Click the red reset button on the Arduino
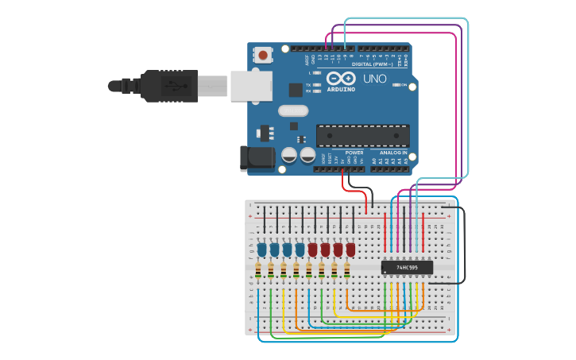(x=262, y=55)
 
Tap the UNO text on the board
(x=374, y=79)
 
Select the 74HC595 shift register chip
(x=407, y=267)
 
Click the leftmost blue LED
(x=261, y=250)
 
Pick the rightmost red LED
(x=350, y=250)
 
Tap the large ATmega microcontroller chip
(x=363, y=135)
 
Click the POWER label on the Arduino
(x=354, y=153)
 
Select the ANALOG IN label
(x=392, y=153)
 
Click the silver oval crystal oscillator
(x=292, y=111)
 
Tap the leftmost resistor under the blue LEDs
(x=259, y=272)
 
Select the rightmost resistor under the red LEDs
(x=348, y=272)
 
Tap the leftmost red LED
(x=312, y=250)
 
